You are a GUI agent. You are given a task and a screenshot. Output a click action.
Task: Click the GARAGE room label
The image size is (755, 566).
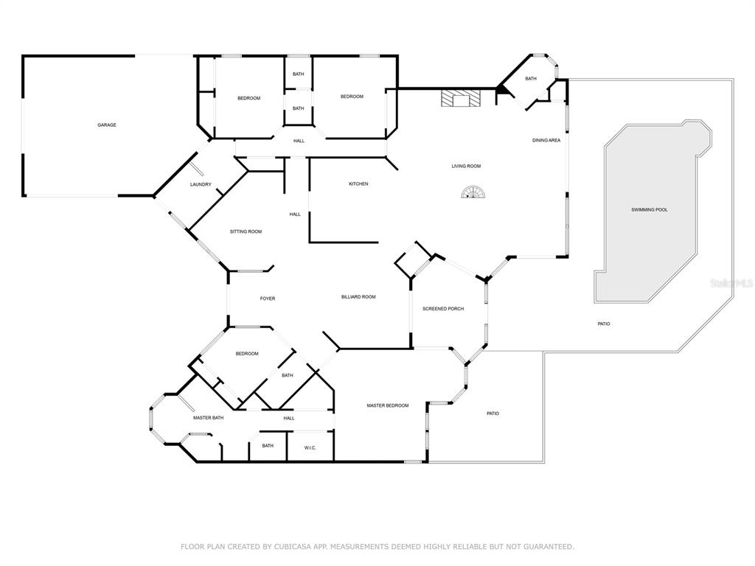[107, 125]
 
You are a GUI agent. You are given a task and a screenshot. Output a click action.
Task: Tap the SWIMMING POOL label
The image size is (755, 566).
[650, 210]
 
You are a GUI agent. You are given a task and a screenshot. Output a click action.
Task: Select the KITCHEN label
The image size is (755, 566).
[359, 184]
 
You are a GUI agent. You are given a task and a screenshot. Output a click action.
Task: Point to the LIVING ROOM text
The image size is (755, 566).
[466, 166]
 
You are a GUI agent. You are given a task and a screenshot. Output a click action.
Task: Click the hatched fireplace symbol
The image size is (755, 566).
[462, 98]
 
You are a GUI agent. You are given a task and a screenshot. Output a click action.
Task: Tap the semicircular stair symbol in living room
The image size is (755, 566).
[473, 192]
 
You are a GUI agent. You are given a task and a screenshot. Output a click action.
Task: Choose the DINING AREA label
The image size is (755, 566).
[546, 141]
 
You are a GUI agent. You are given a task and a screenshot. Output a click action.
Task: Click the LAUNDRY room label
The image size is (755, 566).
[201, 184]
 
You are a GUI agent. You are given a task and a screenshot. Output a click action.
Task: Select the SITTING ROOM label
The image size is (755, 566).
[246, 231]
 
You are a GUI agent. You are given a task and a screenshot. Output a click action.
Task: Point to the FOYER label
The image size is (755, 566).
[268, 298]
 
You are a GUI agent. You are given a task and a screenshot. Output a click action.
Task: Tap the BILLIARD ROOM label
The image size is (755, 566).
[359, 297]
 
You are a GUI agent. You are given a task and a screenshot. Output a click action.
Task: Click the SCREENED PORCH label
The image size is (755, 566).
[443, 309]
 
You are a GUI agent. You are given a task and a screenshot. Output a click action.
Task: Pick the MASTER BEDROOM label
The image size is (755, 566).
[388, 406]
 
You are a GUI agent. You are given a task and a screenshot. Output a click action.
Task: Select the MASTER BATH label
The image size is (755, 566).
[209, 418]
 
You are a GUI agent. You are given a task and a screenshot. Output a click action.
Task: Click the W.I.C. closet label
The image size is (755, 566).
[310, 447]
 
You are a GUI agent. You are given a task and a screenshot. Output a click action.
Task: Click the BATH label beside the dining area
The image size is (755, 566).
[531, 78]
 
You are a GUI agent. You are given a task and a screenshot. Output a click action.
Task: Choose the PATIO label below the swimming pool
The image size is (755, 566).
[604, 324]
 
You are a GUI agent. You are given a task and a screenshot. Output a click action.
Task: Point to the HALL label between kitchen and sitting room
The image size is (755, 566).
[295, 214]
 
